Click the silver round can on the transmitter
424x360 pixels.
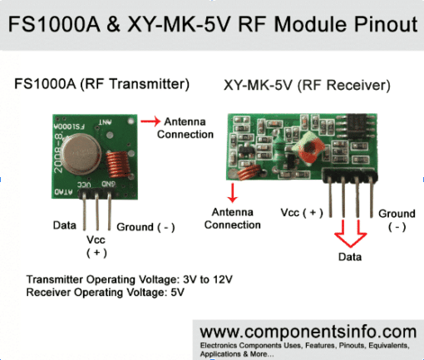click(x=81, y=154)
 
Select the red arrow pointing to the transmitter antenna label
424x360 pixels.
click(x=150, y=121)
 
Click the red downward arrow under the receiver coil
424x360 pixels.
click(x=232, y=193)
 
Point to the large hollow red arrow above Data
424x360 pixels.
click(x=351, y=234)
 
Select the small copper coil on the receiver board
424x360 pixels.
click(x=249, y=172)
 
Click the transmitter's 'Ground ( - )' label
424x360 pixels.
click(x=145, y=227)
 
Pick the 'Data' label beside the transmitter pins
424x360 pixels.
click(x=65, y=225)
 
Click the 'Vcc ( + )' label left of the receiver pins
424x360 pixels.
click(x=302, y=213)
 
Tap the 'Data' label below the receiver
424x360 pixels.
click(x=350, y=257)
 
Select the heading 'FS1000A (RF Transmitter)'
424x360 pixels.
click(x=101, y=84)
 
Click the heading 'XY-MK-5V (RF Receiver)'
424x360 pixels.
click(x=307, y=86)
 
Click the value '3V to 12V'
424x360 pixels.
click(x=208, y=279)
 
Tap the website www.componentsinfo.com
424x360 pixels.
click(x=308, y=332)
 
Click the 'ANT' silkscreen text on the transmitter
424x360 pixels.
click(x=106, y=122)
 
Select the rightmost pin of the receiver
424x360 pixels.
click(x=372, y=197)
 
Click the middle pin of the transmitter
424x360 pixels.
click(x=97, y=210)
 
